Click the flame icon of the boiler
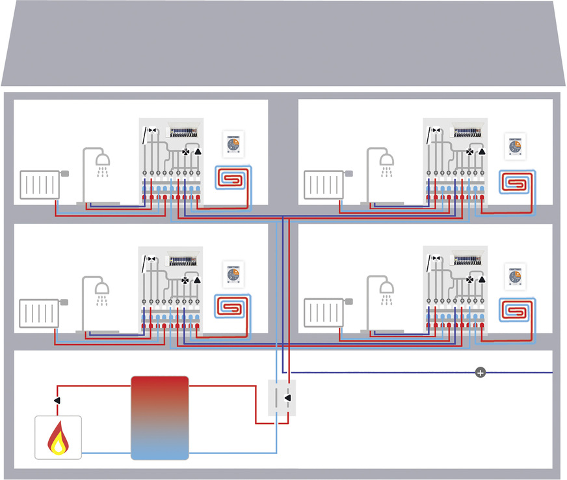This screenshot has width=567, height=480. coord(59,438)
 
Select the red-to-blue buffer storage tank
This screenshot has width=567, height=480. coord(159,417)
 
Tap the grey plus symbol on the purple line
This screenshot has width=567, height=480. coord(481,373)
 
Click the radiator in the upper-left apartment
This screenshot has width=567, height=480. coord(40,185)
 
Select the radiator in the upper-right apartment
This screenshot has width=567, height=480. coord(324,185)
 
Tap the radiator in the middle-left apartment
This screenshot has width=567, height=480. coord(40,313)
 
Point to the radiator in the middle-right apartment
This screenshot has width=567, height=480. coord(324,313)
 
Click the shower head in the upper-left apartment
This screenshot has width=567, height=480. coord(103,158)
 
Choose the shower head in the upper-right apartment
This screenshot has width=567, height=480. coord(386,158)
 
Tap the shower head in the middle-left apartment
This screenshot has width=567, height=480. coord(103,287)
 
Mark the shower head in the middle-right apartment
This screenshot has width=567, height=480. coord(386,287)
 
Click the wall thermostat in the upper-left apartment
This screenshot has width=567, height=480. coord(233,145)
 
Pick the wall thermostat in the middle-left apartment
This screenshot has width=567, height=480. coord(233,274)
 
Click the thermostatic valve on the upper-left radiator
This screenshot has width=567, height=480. coord(64,173)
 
